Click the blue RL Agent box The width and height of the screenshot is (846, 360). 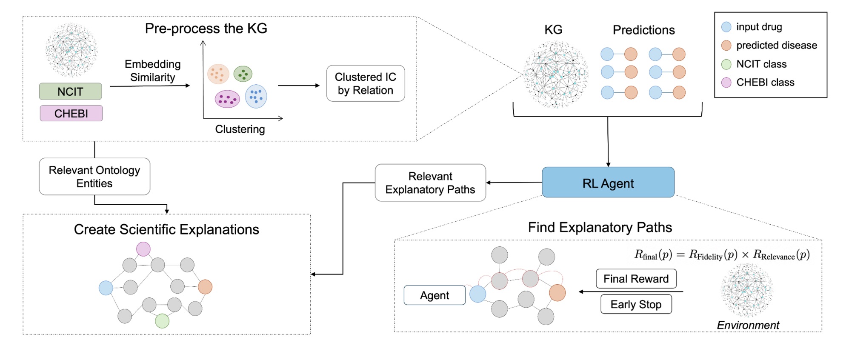click(608, 183)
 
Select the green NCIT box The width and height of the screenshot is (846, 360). click(71, 91)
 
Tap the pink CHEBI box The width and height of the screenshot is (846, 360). click(71, 114)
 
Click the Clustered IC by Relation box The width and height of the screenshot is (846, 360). click(365, 83)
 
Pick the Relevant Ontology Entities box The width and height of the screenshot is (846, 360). click(94, 177)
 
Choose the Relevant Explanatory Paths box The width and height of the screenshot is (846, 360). click(430, 183)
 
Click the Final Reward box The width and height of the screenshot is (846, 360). click(636, 279)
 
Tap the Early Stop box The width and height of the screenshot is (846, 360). click(636, 304)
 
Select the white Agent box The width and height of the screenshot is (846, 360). click(434, 295)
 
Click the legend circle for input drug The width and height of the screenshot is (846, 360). click(726, 27)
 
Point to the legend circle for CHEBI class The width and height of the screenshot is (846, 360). click(726, 83)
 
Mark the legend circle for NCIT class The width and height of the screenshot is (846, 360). click(726, 64)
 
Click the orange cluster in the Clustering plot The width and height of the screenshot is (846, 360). click(218, 74)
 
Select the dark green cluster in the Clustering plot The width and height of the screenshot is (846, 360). click(243, 74)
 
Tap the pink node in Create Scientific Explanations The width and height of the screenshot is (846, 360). click(143, 249)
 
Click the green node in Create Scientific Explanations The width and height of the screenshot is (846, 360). click(162, 321)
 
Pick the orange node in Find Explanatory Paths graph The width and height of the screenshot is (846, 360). click(557, 293)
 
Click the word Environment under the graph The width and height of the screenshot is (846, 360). click(748, 326)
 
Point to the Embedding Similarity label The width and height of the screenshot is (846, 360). click(152, 71)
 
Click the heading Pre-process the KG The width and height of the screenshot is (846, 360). click(206, 29)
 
